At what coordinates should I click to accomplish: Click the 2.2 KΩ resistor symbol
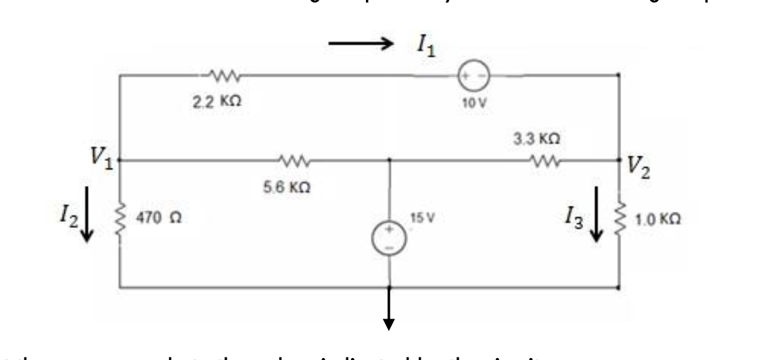tap(223, 74)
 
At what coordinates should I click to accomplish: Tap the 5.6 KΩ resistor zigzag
tap(293, 161)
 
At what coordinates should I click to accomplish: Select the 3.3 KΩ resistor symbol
tap(544, 161)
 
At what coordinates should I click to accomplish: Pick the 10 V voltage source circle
tap(470, 75)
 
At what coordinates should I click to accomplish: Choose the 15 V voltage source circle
tap(390, 239)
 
